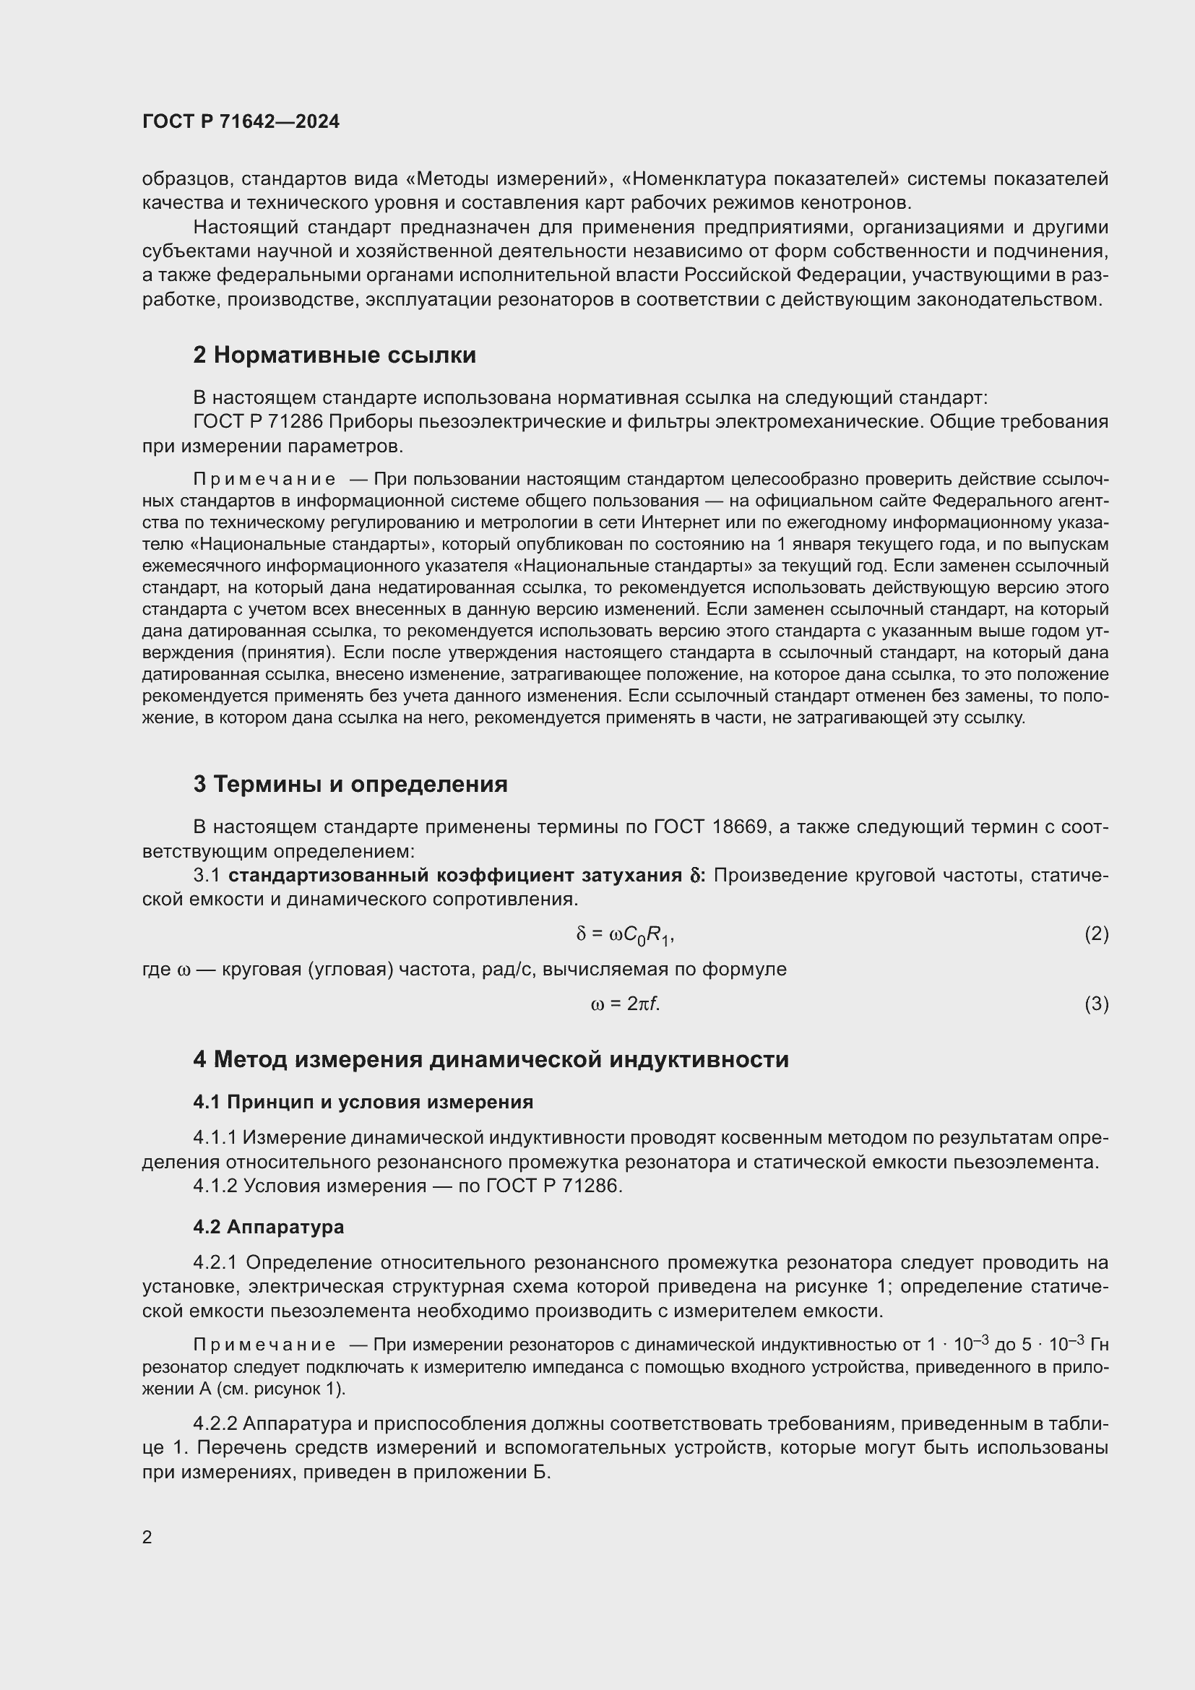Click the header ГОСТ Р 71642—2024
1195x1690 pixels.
click(241, 121)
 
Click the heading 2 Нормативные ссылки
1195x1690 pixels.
click(334, 355)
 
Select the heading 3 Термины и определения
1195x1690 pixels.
click(350, 785)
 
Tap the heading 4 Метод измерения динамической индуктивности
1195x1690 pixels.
click(491, 1060)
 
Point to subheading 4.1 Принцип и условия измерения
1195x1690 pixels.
click(363, 1102)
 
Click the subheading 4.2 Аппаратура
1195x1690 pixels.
click(269, 1227)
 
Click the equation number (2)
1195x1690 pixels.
click(1096, 934)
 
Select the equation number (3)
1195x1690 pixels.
click(1096, 1004)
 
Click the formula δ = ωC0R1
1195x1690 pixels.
click(625, 935)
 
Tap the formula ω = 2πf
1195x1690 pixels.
click(625, 1004)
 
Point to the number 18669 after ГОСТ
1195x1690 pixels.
click(740, 827)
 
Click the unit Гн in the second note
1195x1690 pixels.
click(1099, 1345)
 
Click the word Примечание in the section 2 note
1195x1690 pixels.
click(264, 480)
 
